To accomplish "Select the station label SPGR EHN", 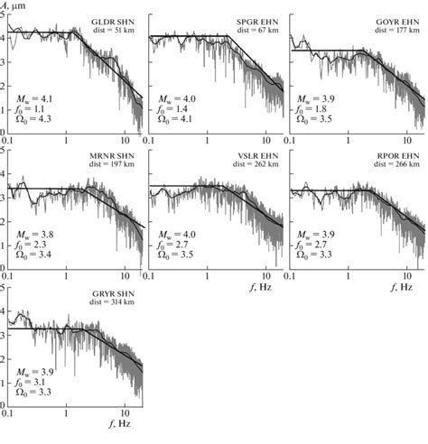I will click(x=258, y=21).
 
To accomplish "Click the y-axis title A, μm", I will click(x=17, y=5).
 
